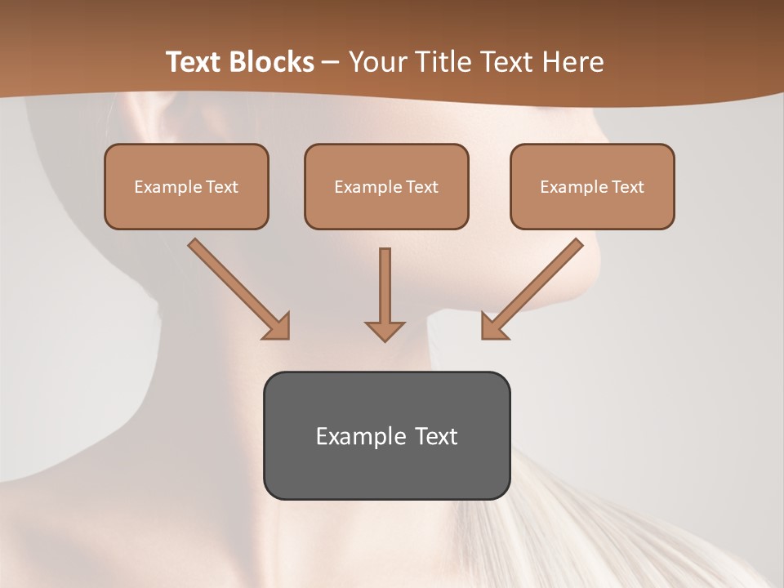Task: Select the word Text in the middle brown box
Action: (422, 187)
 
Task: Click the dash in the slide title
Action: (331, 63)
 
